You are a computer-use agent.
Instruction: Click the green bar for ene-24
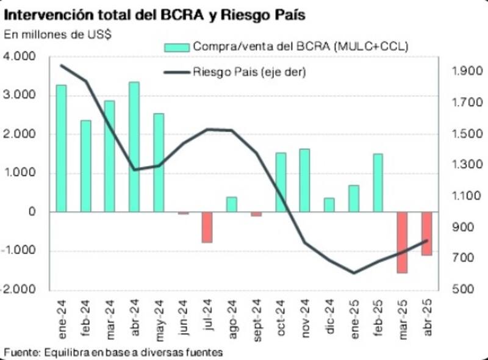pyautogui.click(x=61, y=148)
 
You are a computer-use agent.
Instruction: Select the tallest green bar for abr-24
pyautogui.click(x=134, y=146)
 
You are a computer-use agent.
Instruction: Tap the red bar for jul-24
pyautogui.click(x=207, y=227)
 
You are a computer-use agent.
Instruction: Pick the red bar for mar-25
pyautogui.click(x=402, y=242)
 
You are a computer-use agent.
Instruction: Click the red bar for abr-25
pyautogui.click(x=426, y=233)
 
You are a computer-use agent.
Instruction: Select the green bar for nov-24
pyautogui.click(x=305, y=180)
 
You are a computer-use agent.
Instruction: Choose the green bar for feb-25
pyautogui.click(x=378, y=182)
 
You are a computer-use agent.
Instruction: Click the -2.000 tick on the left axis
pyautogui.click(x=21, y=290)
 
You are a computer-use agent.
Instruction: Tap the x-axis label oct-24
pyautogui.click(x=281, y=317)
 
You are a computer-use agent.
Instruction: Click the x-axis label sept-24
pyautogui.click(x=257, y=319)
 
